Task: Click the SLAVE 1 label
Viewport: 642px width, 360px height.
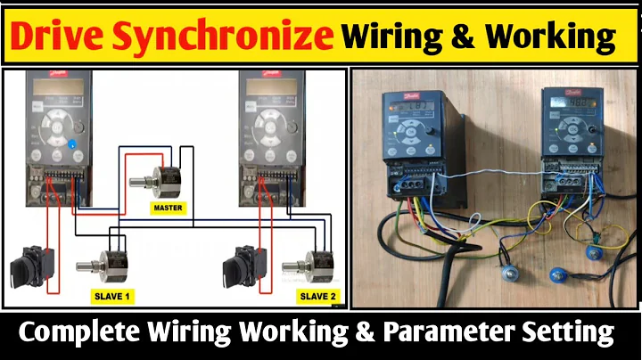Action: (113, 295)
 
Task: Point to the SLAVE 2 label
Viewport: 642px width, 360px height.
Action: (317, 295)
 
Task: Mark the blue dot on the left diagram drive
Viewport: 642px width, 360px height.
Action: (72, 141)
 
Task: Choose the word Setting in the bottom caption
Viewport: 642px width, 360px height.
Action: (577, 333)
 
